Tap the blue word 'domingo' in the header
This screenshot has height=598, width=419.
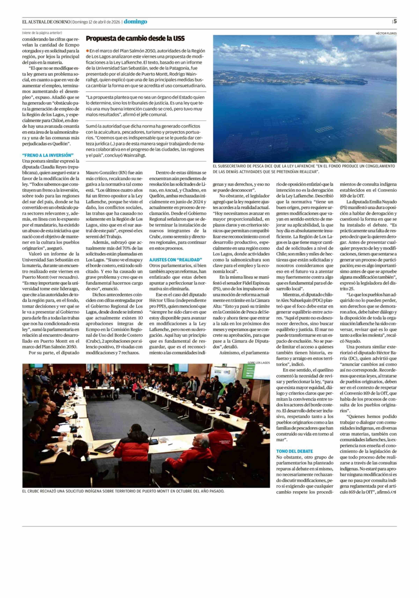click(x=135, y=22)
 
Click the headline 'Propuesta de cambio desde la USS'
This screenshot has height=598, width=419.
click(x=135, y=39)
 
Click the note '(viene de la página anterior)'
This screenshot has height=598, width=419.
click(x=42, y=33)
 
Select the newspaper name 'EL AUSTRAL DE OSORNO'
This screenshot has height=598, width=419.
click(x=46, y=22)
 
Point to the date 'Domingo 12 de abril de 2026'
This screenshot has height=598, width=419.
click(x=96, y=22)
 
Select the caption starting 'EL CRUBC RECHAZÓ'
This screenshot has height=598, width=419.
click(x=123, y=491)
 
